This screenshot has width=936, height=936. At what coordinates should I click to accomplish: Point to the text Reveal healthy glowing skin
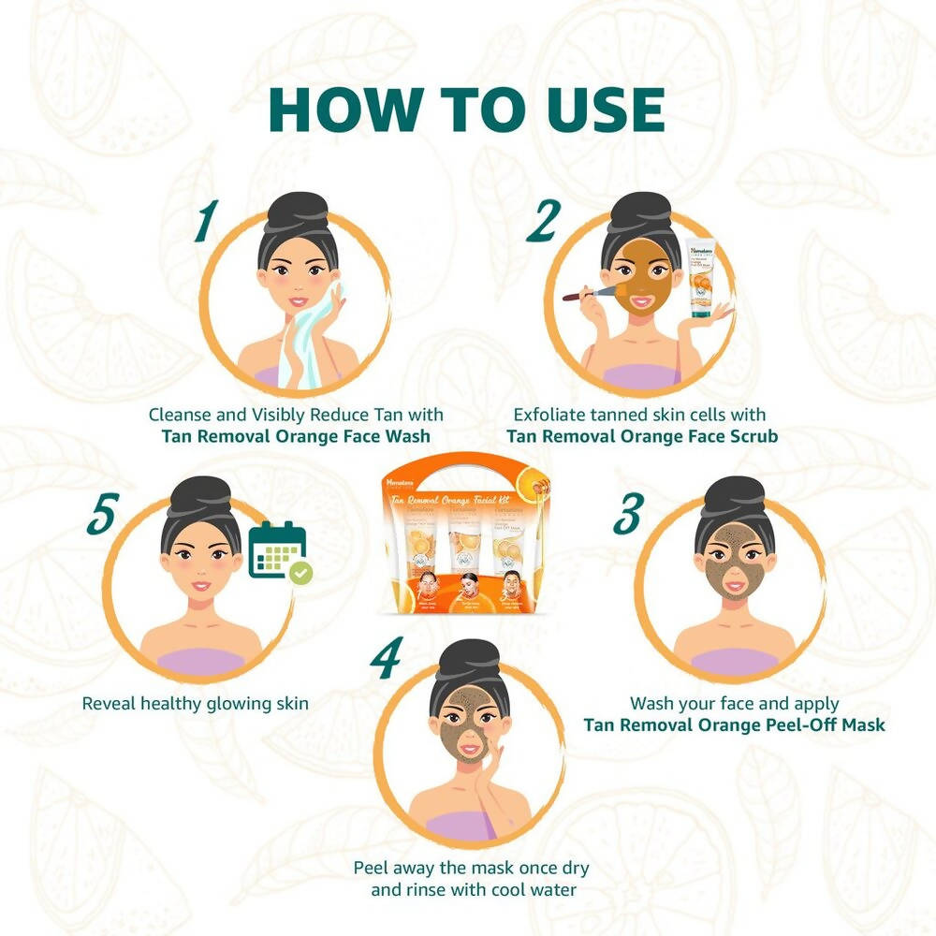195,703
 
